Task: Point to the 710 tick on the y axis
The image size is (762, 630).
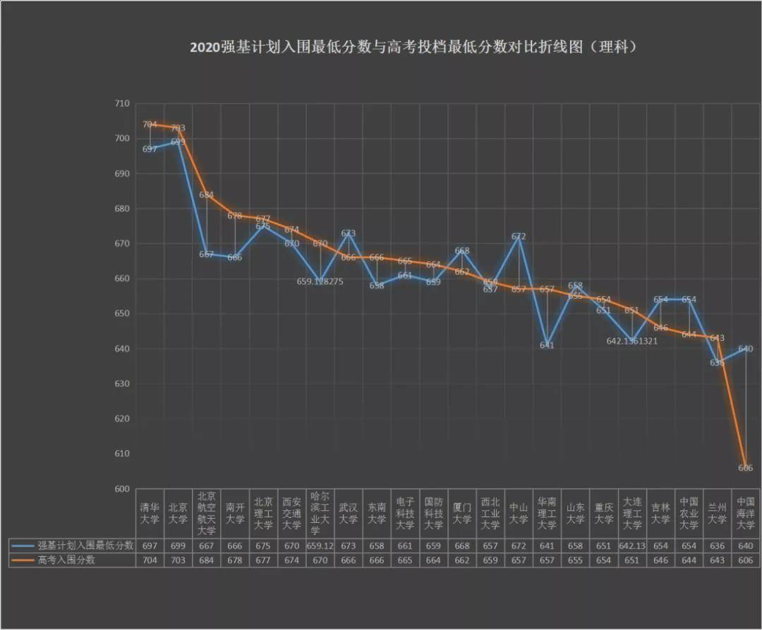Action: click(x=122, y=104)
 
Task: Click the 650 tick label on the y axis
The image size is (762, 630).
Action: click(x=122, y=314)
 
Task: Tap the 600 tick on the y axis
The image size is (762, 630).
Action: click(x=122, y=489)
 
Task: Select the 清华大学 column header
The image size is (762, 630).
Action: click(x=150, y=513)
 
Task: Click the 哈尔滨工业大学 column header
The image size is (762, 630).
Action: click(x=320, y=513)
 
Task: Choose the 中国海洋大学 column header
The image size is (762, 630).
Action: click(x=746, y=513)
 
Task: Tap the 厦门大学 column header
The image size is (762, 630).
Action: click(x=462, y=513)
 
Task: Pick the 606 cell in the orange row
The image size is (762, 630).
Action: click(x=746, y=560)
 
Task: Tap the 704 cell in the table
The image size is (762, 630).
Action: click(x=150, y=560)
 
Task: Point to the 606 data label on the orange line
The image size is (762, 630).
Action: click(x=746, y=468)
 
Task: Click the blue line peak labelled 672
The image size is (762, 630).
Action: click(x=519, y=237)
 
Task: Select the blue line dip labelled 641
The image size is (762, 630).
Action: click(x=547, y=345)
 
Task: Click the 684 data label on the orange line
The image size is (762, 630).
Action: click(x=207, y=195)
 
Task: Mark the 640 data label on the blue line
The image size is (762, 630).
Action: click(x=746, y=349)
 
